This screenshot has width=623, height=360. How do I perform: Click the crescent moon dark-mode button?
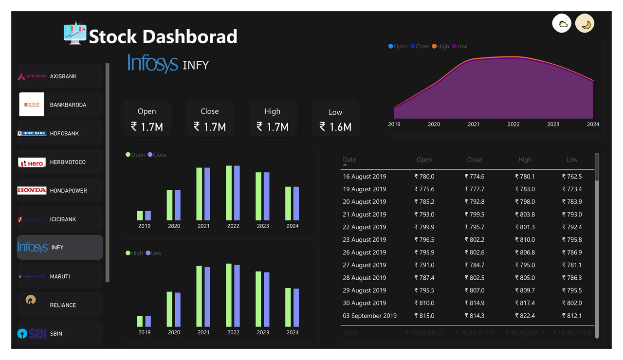pyautogui.click(x=585, y=24)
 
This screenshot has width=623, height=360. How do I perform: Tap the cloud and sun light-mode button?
pyautogui.click(x=562, y=24)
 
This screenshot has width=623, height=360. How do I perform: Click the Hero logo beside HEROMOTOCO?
pyautogui.click(x=32, y=162)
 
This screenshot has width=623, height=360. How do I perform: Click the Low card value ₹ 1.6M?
pyautogui.click(x=335, y=127)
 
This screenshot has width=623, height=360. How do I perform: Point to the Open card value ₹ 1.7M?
pyautogui.click(x=147, y=127)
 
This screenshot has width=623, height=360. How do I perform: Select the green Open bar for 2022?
pyautogui.click(x=229, y=193)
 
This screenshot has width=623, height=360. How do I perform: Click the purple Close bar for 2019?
pyautogui.click(x=148, y=216)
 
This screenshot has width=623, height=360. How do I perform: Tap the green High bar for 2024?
pyautogui.click(x=288, y=307)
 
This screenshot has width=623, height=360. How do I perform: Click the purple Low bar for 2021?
pyautogui.click(x=207, y=297)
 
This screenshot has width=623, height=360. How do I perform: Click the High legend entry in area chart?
pyautogui.click(x=440, y=47)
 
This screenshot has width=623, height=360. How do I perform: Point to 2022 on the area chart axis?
pyautogui.click(x=513, y=125)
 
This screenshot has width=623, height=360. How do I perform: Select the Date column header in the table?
pyautogui.click(x=349, y=160)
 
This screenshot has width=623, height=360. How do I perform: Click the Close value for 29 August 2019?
pyautogui.click(x=475, y=290)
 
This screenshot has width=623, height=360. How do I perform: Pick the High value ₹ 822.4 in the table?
pyautogui.click(x=525, y=316)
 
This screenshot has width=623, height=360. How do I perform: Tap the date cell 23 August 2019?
pyautogui.click(x=364, y=240)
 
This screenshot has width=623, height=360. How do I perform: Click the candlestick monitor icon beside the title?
pyautogui.click(x=75, y=33)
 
